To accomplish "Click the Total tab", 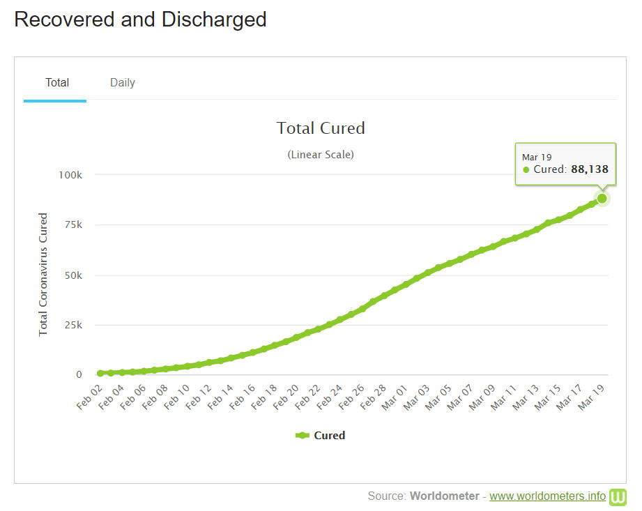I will click(x=57, y=83).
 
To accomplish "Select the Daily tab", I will click(x=123, y=83).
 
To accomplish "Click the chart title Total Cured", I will click(x=321, y=128).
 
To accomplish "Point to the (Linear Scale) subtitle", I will click(x=321, y=155).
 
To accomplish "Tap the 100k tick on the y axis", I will click(x=69, y=175).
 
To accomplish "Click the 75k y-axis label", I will click(x=71, y=225).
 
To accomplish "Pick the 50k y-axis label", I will click(x=71, y=275).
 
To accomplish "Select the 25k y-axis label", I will click(x=71, y=325).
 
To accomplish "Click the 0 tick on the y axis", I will click(x=79, y=375).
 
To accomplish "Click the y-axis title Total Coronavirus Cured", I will click(x=43, y=275).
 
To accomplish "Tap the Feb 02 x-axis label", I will click(x=90, y=395).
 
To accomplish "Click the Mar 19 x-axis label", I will click(x=593, y=395).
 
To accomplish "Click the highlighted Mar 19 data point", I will click(x=602, y=198).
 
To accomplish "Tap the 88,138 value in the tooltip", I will click(x=589, y=169).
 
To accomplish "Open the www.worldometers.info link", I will click(x=547, y=496).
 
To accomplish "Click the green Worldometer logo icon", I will click(x=618, y=496).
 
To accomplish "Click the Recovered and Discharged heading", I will click(x=140, y=20).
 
